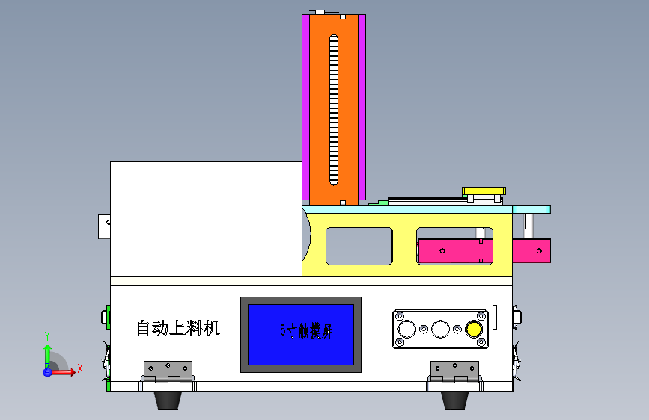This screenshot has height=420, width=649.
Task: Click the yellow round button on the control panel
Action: tap(473, 329)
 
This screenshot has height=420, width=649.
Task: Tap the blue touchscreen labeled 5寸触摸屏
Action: tap(301, 333)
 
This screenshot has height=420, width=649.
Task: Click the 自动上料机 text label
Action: tap(177, 328)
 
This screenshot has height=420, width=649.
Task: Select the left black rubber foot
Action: tap(167, 400)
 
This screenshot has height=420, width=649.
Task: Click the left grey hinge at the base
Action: tap(168, 370)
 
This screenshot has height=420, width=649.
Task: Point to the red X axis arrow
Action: tap(72, 371)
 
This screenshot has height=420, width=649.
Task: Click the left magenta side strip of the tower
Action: tap(305, 108)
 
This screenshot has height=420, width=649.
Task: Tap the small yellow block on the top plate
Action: tap(484, 192)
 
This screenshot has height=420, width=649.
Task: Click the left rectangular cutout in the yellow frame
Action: tap(359, 246)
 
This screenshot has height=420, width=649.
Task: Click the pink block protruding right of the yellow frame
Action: tap(532, 250)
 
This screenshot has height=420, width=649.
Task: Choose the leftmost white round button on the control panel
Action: tap(408, 329)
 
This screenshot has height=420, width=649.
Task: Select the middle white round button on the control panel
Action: tap(441, 329)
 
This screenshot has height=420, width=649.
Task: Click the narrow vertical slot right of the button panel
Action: tap(495, 317)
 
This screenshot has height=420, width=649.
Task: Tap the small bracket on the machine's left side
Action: tap(104, 226)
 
